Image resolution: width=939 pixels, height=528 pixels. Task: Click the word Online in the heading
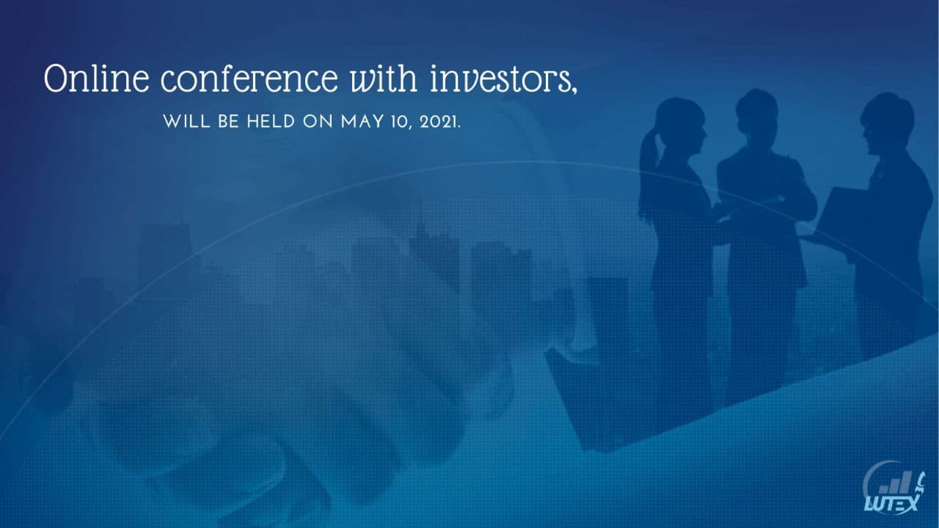(96, 78)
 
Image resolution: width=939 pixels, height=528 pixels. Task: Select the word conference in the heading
(249, 78)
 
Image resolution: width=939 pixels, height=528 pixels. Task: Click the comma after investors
(574, 89)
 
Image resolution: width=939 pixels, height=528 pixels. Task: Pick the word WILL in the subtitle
(186, 122)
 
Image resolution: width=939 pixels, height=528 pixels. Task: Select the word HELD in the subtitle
(271, 122)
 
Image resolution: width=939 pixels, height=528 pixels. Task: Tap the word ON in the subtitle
(318, 122)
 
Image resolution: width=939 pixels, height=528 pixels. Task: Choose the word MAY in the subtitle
(362, 122)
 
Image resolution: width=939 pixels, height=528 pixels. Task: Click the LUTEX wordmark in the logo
(891, 503)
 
